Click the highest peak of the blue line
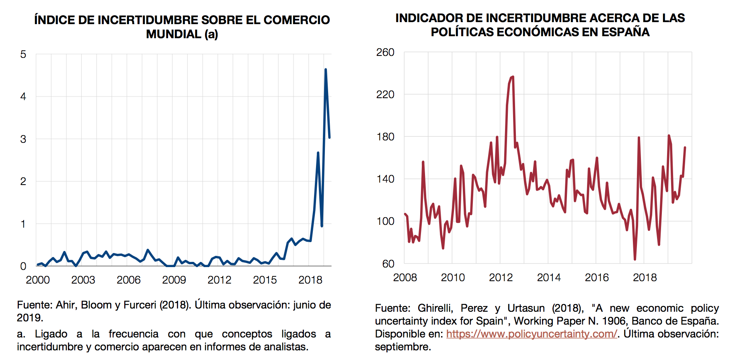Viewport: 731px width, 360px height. point(325,70)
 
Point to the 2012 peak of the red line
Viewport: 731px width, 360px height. point(513,77)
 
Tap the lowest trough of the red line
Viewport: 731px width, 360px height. point(635,259)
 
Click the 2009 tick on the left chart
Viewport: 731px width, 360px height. point(174,280)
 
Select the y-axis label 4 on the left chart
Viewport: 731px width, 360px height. point(23,97)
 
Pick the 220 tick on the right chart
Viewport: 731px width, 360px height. point(385,95)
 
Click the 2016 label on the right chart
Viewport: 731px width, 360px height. point(597,278)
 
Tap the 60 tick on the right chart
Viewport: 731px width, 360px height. point(388,264)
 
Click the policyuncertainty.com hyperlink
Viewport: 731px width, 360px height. point(531,334)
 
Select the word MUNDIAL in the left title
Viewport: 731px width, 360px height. point(173,34)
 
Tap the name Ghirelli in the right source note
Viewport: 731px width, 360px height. point(435,308)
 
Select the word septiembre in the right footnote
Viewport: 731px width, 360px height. point(402,347)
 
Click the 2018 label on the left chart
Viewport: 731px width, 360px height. point(310,280)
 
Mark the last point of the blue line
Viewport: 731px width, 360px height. point(329,138)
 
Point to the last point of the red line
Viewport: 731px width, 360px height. point(685,148)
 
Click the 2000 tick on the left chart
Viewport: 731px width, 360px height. point(38,280)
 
